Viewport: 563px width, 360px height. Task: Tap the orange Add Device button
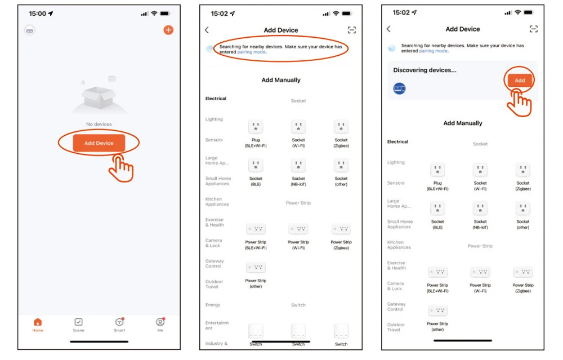(x=99, y=143)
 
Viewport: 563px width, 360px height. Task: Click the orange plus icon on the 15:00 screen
(x=168, y=30)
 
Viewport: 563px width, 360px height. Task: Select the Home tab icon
(x=38, y=322)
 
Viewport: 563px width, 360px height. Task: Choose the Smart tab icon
(x=119, y=322)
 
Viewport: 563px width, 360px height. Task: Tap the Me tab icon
(x=160, y=322)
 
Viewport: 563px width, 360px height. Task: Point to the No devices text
(x=99, y=124)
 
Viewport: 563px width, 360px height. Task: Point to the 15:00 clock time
(x=37, y=14)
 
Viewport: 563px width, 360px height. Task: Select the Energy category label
(x=213, y=305)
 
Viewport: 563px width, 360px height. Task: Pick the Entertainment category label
(x=217, y=325)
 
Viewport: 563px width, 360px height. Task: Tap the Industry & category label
(x=217, y=344)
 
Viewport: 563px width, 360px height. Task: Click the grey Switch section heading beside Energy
(x=298, y=305)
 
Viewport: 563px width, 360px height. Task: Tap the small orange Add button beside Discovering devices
(x=520, y=81)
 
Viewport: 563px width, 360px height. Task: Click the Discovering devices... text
(x=425, y=70)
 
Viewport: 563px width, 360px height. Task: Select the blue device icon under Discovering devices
(x=399, y=88)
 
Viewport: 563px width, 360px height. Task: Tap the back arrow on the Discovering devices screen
(x=388, y=29)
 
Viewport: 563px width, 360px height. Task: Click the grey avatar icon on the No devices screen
(x=30, y=30)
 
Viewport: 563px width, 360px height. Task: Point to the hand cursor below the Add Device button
(x=121, y=168)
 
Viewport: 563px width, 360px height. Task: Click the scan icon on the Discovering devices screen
(x=534, y=29)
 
